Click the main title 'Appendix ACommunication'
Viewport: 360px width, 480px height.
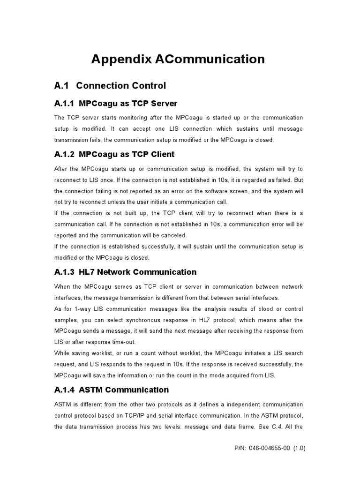(178, 60)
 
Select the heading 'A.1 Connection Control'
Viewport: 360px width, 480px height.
(110, 86)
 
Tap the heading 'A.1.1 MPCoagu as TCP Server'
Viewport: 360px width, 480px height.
(116, 103)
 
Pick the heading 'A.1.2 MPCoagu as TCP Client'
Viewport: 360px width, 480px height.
(114, 154)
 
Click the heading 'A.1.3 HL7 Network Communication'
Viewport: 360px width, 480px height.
(126, 272)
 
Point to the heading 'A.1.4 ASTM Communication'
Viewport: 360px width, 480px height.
(112, 390)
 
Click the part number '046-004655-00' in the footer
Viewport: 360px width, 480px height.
(272, 448)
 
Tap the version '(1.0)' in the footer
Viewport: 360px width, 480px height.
(299, 448)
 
